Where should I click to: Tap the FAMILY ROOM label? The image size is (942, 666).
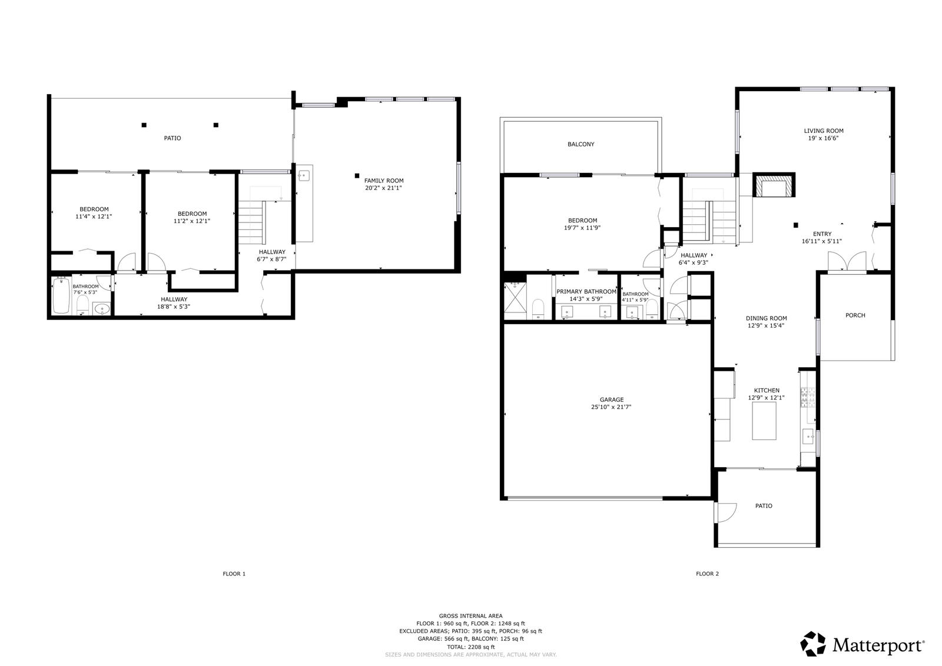click(x=383, y=181)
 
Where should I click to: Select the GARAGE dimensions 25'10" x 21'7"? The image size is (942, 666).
click(x=612, y=407)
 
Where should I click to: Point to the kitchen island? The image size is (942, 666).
click(x=764, y=421)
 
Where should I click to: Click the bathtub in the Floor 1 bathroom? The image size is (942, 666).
click(x=61, y=296)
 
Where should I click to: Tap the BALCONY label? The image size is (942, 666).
click(x=581, y=144)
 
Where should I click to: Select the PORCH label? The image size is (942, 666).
click(x=855, y=315)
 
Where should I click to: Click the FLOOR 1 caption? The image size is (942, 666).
click(x=234, y=574)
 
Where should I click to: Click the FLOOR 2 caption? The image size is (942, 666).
click(x=707, y=574)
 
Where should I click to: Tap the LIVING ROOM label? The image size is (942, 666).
click(x=824, y=131)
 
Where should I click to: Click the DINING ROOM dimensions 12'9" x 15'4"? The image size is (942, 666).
click(x=766, y=325)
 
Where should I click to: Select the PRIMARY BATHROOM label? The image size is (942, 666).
click(x=586, y=292)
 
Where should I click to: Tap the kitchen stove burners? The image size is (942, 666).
click(x=808, y=398)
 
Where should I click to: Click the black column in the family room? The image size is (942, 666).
click(x=357, y=176)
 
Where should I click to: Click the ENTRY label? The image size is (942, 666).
click(x=822, y=234)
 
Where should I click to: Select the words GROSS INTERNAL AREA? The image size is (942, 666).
click(x=470, y=616)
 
